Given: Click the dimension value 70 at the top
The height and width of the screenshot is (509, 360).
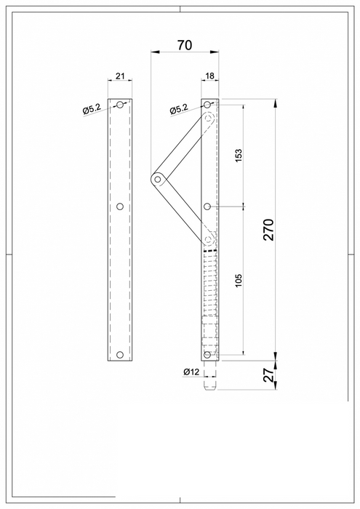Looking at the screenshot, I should (184, 45).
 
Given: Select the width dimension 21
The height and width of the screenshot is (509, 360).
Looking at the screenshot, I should (121, 76).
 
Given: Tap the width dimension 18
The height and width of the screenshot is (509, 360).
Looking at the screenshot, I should (209, 76).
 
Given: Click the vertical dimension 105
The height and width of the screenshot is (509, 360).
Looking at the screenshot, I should (239, 281).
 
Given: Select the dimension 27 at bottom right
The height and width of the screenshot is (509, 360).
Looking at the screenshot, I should (268, 374).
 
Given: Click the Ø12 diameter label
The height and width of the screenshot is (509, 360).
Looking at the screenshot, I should (191, 372).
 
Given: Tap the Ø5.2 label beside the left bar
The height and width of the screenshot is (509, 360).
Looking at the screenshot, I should (92, 110).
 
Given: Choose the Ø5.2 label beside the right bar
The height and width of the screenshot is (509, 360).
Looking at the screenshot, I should (179, 110).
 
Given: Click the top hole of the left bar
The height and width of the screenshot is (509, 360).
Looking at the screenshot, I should (121, 105).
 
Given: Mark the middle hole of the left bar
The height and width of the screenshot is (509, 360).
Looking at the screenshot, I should (121, 207).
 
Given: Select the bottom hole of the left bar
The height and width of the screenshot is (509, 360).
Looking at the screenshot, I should (121, 356).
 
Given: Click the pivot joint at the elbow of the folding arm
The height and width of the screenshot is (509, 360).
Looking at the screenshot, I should (157, 178).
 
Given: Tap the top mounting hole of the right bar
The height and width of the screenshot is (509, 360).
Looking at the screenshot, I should (208, 105).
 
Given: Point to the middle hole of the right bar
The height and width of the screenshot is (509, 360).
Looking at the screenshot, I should (208, 207).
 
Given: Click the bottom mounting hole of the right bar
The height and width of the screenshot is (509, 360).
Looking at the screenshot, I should (208, 355).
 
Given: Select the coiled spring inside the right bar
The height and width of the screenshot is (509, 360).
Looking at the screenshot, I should (209, 284).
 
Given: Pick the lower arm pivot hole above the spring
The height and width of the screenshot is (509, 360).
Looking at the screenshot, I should (209, 238).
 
